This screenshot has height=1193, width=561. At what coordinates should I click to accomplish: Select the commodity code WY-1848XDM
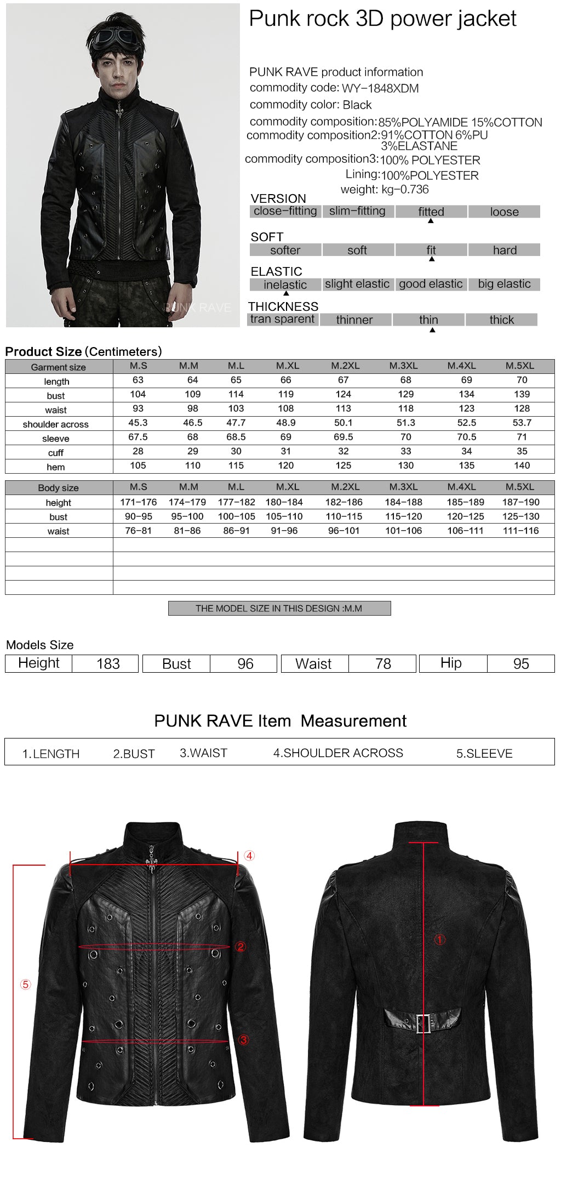click(x=380, y=89)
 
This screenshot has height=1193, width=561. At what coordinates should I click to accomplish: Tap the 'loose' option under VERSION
click(x=504, y=212)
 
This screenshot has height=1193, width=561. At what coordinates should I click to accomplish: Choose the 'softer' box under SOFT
click(x=285, y=251)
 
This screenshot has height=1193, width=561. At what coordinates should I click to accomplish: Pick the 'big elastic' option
click(x=504, y=284)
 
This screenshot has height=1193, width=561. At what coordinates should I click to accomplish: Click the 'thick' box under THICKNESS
click(x=501, y=320)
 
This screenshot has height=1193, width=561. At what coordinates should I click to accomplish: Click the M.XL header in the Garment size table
click(x=288, y=366)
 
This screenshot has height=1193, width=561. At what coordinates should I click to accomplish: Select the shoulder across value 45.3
click(x=138, y=423)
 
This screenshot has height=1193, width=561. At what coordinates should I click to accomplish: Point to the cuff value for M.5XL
click(x=522, y=451)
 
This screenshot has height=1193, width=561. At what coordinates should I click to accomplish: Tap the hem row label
click(x=56, y=467)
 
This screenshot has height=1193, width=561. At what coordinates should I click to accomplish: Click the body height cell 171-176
click(x=139, y=502)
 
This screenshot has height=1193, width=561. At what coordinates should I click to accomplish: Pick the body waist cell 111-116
click(x=520, y=531)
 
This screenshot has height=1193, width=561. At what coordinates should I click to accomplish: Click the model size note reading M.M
click(x=279, y=609)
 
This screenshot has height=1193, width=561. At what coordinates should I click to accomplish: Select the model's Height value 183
click(x=108, y=664)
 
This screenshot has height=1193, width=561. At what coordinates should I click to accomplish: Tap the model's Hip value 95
click(x=521, y=664)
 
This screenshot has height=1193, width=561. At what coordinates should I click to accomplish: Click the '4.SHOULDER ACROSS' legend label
click(x=338, y=753)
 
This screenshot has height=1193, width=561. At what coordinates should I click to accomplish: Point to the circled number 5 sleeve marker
click(x=26, y=985)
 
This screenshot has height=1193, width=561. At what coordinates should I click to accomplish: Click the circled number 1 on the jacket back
click(x=439, y=940)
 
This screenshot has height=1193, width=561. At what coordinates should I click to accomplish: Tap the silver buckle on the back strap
click(x=423, y=1024)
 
